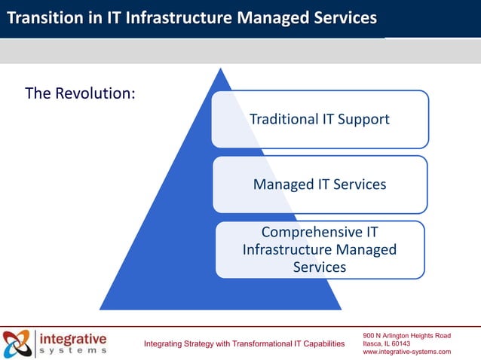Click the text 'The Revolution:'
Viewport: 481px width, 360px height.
80,94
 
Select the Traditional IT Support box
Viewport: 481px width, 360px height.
320,119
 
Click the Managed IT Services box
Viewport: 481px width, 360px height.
320,185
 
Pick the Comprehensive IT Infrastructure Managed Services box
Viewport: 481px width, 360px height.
320,249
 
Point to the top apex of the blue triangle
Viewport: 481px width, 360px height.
220,69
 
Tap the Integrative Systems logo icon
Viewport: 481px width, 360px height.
17,344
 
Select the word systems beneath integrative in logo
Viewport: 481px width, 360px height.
72,351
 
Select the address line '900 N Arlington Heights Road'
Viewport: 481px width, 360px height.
406,335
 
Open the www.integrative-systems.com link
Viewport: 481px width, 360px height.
406,352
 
